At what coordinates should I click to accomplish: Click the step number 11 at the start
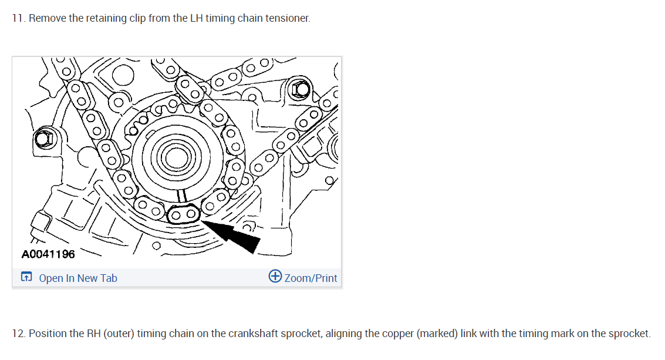coord(18,18)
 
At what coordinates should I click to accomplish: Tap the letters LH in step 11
coord(195,18)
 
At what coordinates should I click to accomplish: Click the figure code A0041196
coord(48,254)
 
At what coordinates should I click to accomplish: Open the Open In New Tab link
coord(78,278)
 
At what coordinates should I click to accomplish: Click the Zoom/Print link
coord(310,278)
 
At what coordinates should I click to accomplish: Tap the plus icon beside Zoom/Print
coord(275,277)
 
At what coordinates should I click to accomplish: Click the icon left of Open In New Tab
coord(26,277)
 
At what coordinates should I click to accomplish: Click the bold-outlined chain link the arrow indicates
coord(183,214)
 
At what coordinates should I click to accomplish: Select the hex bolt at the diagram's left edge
coord(43,139)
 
